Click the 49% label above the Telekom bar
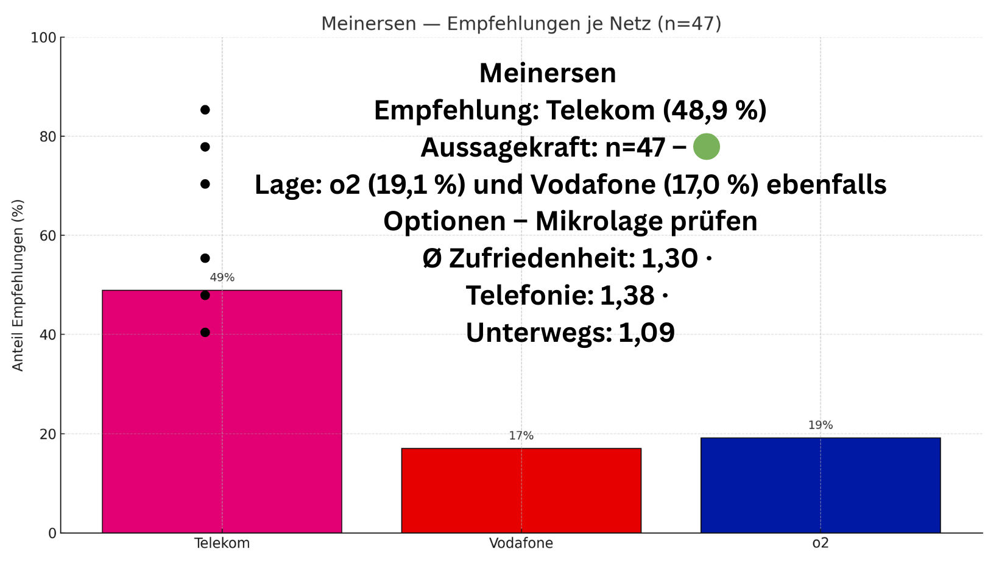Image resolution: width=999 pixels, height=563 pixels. coord(222,278)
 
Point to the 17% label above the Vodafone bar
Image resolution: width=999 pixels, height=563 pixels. coord(521,436)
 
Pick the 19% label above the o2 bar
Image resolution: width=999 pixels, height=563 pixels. coord(820,425)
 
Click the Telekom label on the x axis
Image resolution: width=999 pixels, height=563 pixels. coord(222,544)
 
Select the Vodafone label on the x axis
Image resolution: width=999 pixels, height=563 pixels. coord(521,544)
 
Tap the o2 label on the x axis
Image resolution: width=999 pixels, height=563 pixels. coord(820,544)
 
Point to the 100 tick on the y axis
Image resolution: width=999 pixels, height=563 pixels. coord(43,38)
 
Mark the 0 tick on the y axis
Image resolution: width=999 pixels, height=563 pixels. coord(52,534)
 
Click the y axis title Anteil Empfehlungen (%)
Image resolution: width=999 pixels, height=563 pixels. coord(18,285)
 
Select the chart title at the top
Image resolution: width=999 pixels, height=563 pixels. coord(521,24)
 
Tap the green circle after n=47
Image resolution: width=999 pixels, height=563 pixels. coord(706,147)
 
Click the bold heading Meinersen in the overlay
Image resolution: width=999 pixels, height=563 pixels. coord(548,73)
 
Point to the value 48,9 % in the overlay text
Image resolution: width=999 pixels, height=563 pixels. coord(715,110)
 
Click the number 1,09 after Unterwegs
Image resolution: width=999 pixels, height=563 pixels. coord(646,333)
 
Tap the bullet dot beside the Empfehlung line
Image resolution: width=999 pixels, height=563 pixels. coord(205,110)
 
